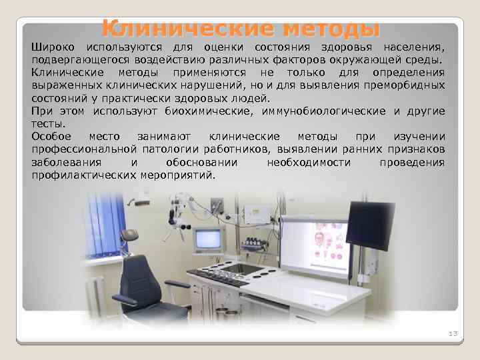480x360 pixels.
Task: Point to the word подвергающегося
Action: coord(72,60)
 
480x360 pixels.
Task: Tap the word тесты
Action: coord(48,123)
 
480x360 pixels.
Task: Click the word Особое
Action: coord(51,135)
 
